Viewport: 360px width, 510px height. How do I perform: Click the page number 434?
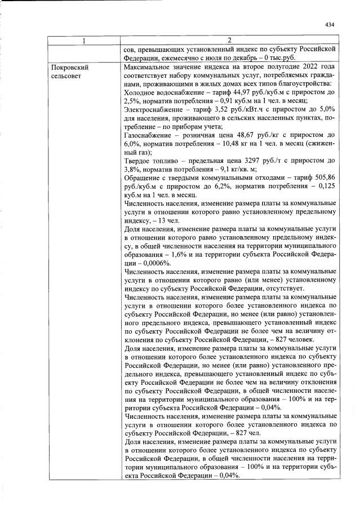[x=330, y=24]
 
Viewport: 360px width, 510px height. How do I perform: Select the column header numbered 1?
[x=85, y=41]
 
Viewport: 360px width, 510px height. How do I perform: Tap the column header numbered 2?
[x=230, y=41]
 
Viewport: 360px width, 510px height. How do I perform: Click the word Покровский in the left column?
[x=69, y=66]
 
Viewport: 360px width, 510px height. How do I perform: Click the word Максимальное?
[x=148, y=66]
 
